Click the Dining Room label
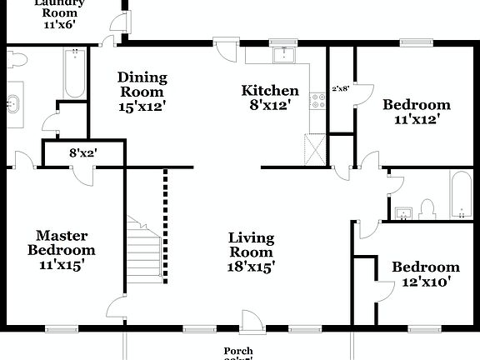pyautogui.click(x=142, y=84)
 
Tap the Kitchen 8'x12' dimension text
pyautogui.click(x=270, y=106)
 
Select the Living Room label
pyautogui.click(x=251, y=246)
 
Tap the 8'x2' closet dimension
pyautogui.click(x=83, y=153)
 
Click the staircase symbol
pyautogui.click(x=142, y=247)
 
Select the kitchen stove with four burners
pyautogui.click(x=317, y=101)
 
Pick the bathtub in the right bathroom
pyautogui.click(x=461, y=194)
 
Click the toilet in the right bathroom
pyautogui.click(x=427, y=207)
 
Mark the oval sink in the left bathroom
pyautogui.click(x=13, y=105)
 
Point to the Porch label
pyautogui.click(x=238, y=352)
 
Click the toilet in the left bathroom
pyautogui.click(x=16, y=58)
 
